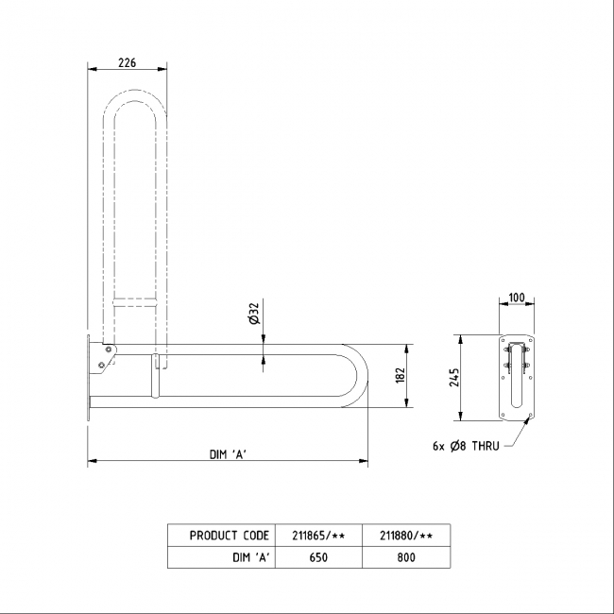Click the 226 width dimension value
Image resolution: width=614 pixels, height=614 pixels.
click(127, 62)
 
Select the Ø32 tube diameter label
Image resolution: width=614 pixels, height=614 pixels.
click(253, 315)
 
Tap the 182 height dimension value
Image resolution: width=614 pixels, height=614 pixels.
click(400, 375)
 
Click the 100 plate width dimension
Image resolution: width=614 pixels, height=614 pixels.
click(516, 298)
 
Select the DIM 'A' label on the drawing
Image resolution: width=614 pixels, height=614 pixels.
click(228, 454)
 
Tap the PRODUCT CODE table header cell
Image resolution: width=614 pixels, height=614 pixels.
click(229, 536)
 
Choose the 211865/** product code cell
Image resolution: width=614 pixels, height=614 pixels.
click(317, 536)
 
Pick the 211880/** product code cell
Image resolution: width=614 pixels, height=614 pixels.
click(406, 536)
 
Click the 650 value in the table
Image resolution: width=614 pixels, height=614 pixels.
click(317, 557)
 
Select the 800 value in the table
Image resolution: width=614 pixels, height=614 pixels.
click(406, 557)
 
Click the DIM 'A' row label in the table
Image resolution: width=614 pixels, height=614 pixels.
click(251, 557)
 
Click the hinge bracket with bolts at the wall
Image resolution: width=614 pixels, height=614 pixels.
click(103, 356)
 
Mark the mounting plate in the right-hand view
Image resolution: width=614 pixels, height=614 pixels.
click(517, 378)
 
